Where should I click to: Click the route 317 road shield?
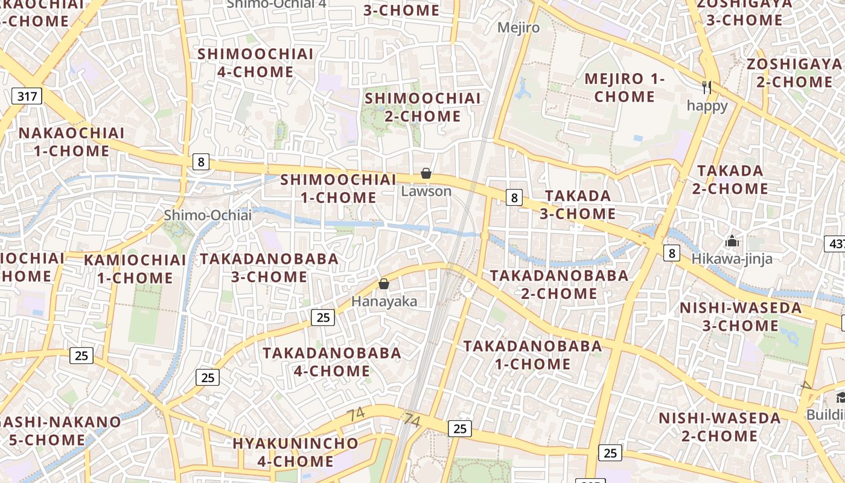point(27,95)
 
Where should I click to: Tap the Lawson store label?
point(426,191)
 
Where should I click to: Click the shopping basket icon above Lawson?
point(426,174)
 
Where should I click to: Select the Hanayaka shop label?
point(384,301)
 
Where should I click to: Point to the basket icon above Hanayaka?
point(383,284)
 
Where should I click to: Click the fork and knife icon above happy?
point(707,88)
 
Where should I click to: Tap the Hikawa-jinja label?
point(732,258)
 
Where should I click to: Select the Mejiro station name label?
point(518,27)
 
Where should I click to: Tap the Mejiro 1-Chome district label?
point(625,88)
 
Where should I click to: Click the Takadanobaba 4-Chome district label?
point(332,361)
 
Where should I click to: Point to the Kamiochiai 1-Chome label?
point(135,269)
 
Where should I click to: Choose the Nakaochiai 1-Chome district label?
point(72,142)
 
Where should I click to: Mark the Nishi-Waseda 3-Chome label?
point(741,317)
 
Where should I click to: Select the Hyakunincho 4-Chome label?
point(296,452)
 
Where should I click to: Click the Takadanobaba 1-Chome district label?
point(532,355)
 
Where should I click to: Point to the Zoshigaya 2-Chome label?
point(794,73)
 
